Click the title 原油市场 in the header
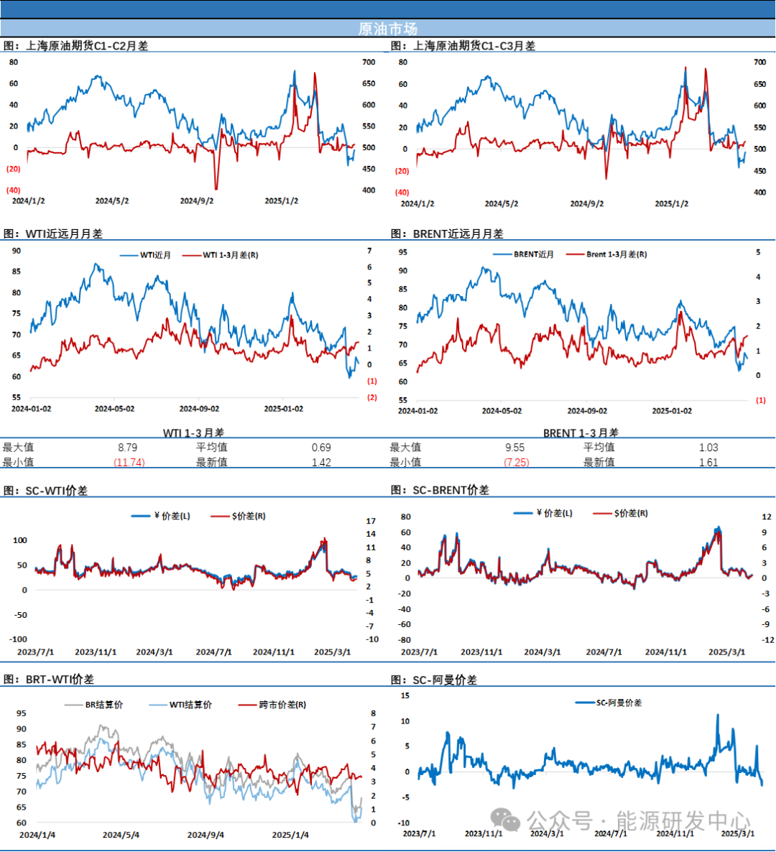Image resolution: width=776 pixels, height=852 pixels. coord(387,29)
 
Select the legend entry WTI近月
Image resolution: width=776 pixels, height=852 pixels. coord(155,255)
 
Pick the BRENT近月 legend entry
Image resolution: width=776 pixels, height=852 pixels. coord(533,254)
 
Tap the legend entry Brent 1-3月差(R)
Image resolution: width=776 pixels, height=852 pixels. coord(616,254)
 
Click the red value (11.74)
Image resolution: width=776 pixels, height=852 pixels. coord(129,462)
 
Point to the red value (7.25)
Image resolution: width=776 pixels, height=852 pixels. coord(517,462)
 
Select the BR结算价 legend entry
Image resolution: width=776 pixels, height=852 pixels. coord(103,705)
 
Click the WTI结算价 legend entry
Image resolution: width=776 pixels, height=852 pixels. coord(190,705)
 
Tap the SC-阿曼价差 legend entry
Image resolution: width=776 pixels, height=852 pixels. coord(619,703)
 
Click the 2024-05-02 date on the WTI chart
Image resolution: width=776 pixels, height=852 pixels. coord(114,409)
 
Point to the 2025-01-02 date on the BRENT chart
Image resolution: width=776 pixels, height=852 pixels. coord(672,411)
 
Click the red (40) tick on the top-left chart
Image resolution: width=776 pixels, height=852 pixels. coord(14,190)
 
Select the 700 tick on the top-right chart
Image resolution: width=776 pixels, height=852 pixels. coord(759,62)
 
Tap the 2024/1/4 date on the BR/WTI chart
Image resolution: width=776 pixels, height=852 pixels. coord(37,835)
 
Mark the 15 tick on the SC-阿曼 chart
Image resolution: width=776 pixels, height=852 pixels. coord(405,695)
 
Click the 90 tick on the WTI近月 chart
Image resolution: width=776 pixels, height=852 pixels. coord(17,251)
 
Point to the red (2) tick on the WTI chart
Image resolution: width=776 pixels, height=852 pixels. coord(372,397)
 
